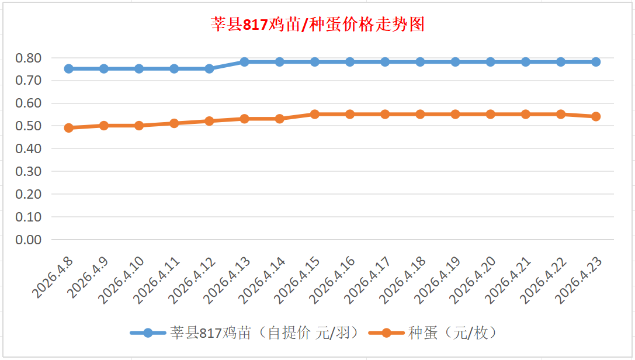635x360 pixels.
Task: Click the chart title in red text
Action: [317, 25]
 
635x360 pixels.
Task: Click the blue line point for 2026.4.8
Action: [69, 68]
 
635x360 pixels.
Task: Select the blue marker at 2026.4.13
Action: [245, 62]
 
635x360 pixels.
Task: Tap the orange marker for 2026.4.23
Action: [596, 116]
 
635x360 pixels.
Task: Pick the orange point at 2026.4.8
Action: [69, 128]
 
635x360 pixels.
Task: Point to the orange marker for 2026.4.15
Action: [315, 114]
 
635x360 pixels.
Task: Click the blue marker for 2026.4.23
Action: [596, 62]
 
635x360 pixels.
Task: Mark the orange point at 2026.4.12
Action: [209, 121]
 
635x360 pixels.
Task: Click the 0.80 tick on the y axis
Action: [29, 58]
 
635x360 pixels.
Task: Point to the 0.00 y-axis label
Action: [29, 240]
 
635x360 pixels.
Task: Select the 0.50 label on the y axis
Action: [29, 126]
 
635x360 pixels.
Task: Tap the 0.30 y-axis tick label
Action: [29, 171]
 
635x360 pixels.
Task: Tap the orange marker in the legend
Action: [386, 333]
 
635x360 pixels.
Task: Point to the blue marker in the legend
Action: [148, 333]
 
